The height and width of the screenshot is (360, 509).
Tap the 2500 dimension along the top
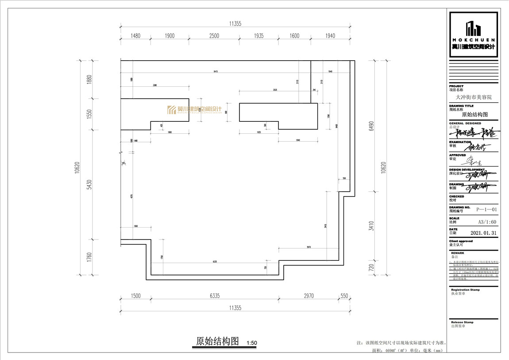(214, 36)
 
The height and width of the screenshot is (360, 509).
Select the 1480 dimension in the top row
(135, 36)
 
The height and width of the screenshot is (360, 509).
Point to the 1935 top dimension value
(259, 36)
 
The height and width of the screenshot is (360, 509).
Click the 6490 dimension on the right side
(372, 127)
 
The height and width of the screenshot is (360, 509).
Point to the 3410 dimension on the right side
(372, 226)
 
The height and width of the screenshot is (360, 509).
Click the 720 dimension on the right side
(372, 267)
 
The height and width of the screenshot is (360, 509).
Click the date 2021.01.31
(483, 232)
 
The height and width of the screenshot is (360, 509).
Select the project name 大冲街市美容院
(474, 97)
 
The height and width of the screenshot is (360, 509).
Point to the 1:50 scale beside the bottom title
(252, 343)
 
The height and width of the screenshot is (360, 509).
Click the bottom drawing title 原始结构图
(217, 341)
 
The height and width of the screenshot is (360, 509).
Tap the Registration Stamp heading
(465, 290)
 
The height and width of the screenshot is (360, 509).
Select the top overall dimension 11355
(235, 25)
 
